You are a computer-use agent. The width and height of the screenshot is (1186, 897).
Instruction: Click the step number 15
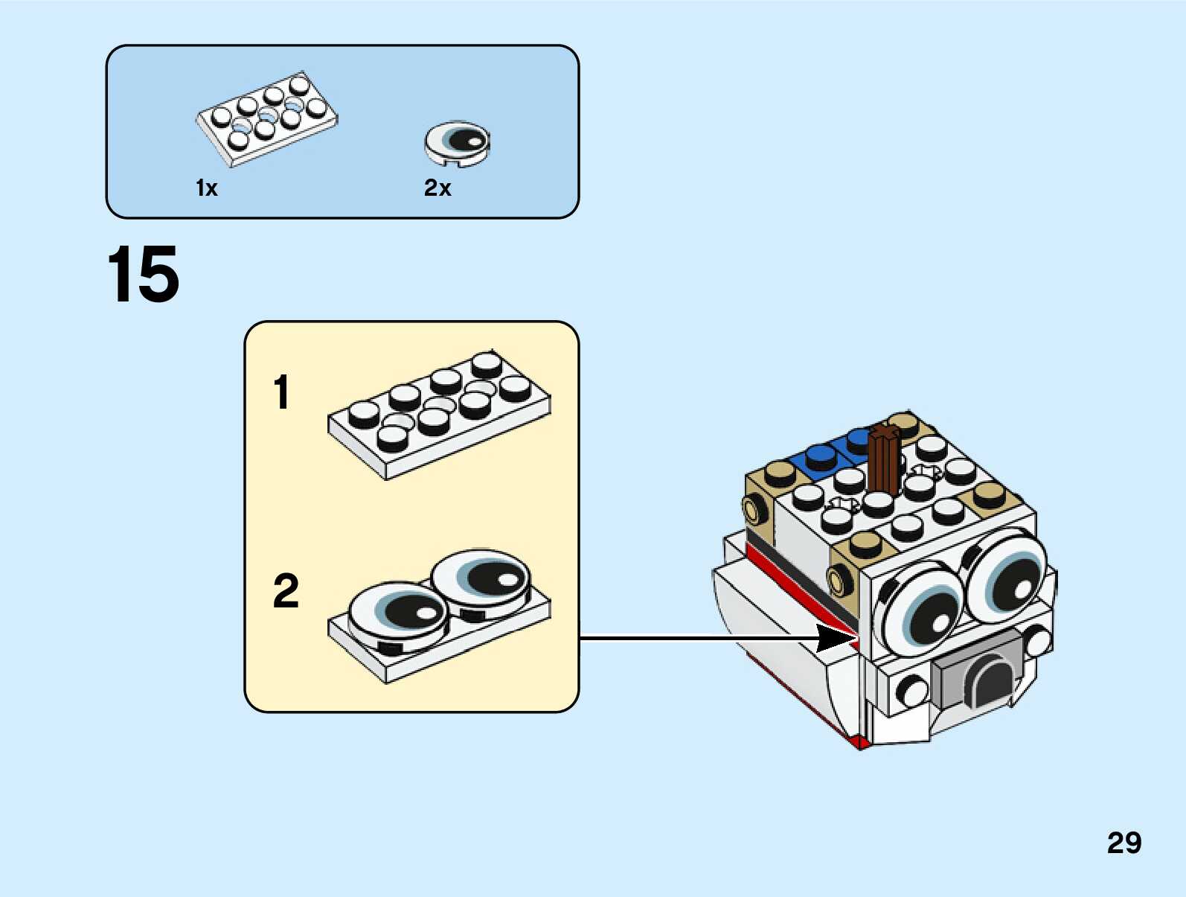click(143, 275)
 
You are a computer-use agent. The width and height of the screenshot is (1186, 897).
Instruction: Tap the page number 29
click(1124, 843)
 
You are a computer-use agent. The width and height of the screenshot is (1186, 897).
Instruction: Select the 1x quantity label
click(206, 188)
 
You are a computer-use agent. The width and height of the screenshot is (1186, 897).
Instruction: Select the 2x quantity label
click(437, 188)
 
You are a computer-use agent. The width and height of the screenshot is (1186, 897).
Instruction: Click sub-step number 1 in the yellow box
click(281, 392)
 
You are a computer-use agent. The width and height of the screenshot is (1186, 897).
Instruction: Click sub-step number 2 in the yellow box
click(286, 591)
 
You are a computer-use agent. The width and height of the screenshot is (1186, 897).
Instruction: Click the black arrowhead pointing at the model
click(837, 638)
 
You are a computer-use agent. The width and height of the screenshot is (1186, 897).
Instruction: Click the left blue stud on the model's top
click(819, 456)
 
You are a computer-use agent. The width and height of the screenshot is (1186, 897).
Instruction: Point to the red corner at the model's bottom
click(860, 741)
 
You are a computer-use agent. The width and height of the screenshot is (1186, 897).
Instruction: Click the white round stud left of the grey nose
click(911, 690)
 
